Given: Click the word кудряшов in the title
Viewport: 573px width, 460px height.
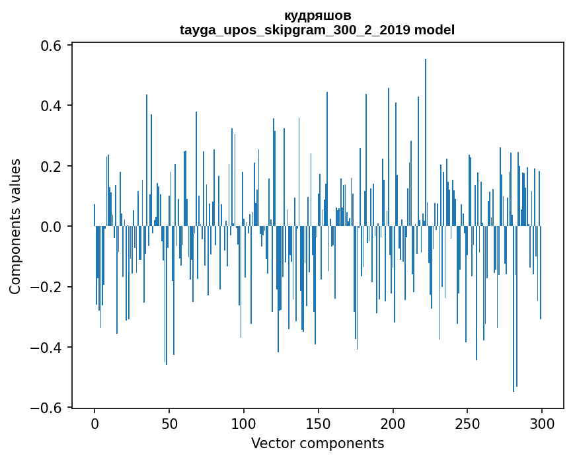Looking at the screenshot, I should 317,15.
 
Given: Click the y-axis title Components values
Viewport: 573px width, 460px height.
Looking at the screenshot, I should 15,226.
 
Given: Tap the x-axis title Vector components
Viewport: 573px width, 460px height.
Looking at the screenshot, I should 317,443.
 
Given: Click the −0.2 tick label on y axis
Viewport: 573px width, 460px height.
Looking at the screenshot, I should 48,287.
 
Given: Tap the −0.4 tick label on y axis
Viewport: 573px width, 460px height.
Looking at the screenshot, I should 48,348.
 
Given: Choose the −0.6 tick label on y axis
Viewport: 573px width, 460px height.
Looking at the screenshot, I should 48,408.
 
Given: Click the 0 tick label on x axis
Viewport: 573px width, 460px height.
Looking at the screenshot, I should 95,424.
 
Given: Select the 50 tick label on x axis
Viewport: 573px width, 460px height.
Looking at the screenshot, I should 169,424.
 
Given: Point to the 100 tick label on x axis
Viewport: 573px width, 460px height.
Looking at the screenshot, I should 244,424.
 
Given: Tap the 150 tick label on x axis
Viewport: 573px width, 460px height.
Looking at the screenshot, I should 319,424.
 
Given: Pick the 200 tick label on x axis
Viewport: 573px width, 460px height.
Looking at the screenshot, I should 393,424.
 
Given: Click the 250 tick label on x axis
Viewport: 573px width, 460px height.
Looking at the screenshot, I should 467,424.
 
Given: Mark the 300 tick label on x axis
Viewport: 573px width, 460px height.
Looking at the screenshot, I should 542,424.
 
